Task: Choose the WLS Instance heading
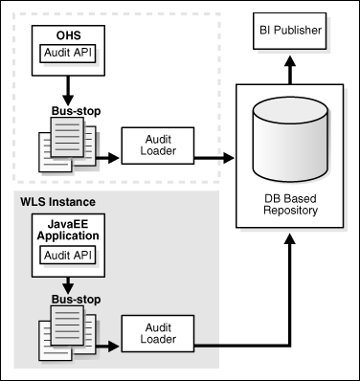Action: [59, 203]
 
